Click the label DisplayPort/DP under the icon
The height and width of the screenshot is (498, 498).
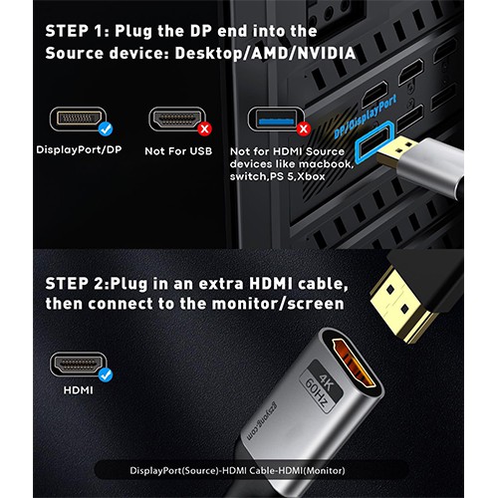[x=77, y=150]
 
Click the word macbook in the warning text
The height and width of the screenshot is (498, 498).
[x=326, y=163]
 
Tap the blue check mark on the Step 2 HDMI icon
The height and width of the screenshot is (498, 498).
[x=105, y=375]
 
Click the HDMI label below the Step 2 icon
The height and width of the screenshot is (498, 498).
[x=77, y=390]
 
